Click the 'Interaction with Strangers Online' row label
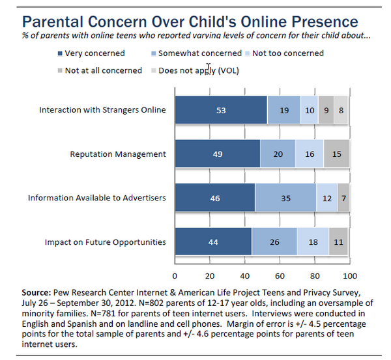point(103,110)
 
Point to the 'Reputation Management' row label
point(118,154)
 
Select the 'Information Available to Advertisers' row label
point(97,198)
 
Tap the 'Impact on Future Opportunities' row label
point(106,242)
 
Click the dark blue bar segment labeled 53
point(222,111)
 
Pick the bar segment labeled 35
point(285,199)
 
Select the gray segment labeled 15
point(336,154)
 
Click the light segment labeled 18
point(313,242)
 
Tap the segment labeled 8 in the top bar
point(341,111)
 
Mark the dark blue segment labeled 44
point(213,242)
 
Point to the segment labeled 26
point(274,242)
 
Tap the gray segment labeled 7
point(343,199)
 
